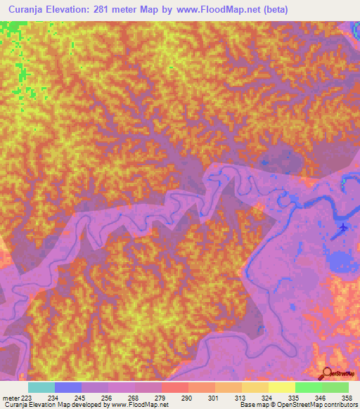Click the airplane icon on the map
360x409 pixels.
coord(342,228)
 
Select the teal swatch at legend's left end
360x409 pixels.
coord(41,387)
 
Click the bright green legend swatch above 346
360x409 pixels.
coord(308,387)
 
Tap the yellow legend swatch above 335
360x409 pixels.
coord(281,387)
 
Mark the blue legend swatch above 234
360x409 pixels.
coord(68,387)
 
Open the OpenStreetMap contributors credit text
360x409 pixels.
coord(317,405)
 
